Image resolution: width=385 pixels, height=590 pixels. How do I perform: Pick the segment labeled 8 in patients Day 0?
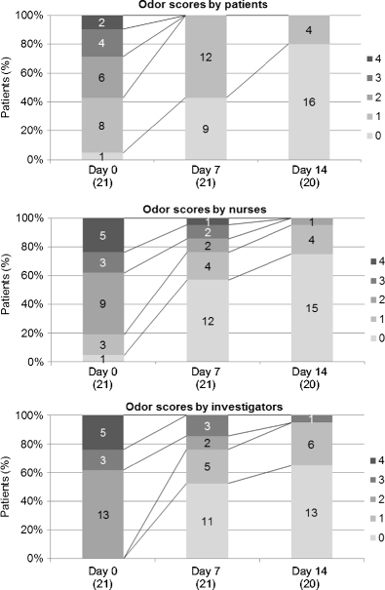click(101, 125)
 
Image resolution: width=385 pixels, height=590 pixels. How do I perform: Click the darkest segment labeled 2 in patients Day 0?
click(101, 21)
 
